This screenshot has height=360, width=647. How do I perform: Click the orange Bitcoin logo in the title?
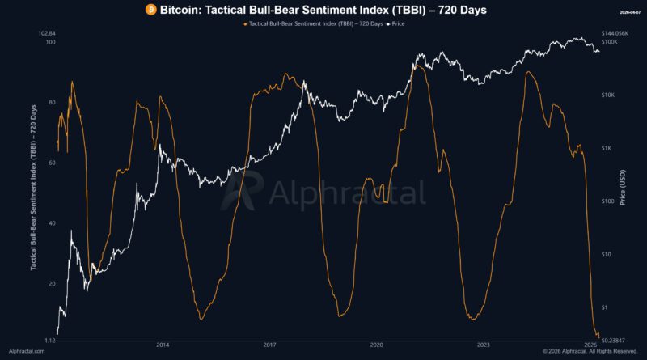[x=150, y=10]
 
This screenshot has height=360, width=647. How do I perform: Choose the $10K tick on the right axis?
[x=608, y=95]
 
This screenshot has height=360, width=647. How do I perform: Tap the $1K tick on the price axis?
[x=607, y=148]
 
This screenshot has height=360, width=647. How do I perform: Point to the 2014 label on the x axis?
[x=163, y=344]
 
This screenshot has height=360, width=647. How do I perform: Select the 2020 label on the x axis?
[x=377, y=344]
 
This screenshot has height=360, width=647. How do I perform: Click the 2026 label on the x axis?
[x=590, y=344]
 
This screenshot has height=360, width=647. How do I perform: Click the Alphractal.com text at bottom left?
[x=28, y=352]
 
